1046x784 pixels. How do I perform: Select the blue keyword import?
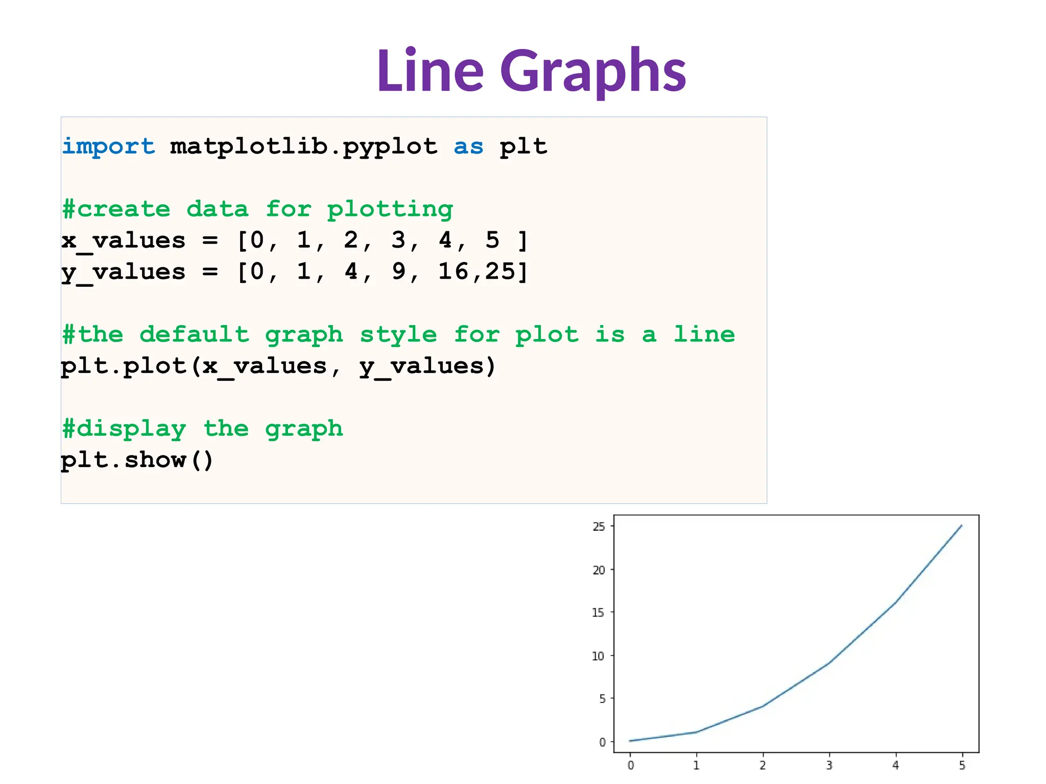[x=108, y=147]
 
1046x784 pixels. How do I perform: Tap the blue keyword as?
[x=468, y=147]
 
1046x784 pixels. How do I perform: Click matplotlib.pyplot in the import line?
[x=304, y=147]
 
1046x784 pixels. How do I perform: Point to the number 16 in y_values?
[x=454, y=272]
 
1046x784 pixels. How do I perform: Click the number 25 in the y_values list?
[x=501, y=272]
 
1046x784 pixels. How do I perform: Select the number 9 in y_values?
[x=399, y=272]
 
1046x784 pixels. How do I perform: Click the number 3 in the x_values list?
[x=398, y=240]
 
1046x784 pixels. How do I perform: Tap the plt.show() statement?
[x=137, y=460]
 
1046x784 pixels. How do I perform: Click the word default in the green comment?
[x=195, y=334]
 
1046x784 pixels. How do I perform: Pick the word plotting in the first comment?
[x=390, y=209]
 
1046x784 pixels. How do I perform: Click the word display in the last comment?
[x=131, y=429]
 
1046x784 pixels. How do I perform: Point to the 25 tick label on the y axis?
[x=599, y=526]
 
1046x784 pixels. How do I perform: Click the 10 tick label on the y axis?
[x=598, y=656]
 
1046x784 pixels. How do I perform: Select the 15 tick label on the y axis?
[x=598, y=612]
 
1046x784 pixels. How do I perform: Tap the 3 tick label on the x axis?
[x=829, y=765]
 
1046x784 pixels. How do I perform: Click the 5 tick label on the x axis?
[x=962, y=765]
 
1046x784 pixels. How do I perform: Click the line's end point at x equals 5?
[x=962, y=525]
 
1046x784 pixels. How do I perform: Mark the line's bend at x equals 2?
[x=763, y=706]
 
